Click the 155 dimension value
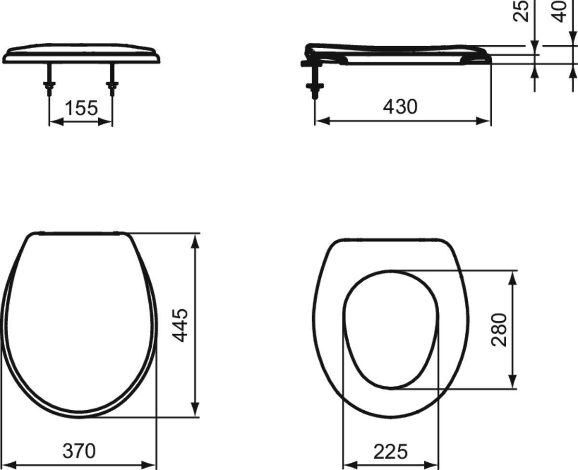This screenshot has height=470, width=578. click(81, 108)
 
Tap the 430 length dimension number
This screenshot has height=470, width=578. click(400, 106)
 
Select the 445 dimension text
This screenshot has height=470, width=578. click(180, 325)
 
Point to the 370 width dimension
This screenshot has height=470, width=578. click(79, 451)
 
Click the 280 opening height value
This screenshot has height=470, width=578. click(499, 329)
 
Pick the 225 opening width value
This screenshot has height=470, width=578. click(391, 452)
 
